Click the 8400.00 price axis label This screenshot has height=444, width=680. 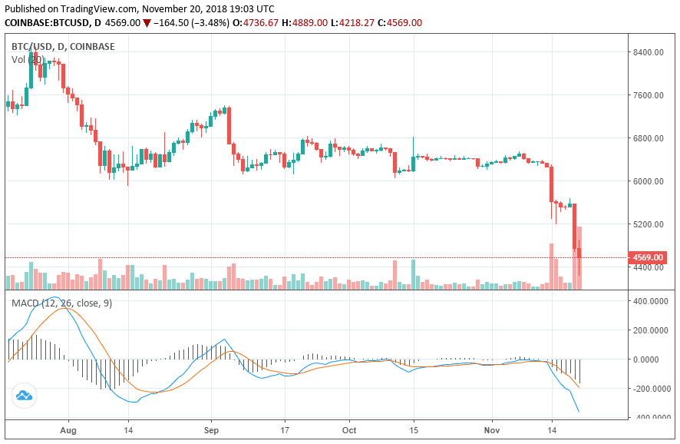tap(648, 52)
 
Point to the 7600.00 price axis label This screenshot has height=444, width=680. tap(648, 95)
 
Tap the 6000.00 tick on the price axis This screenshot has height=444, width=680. tap(648, 181)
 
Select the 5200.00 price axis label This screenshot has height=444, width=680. tap(648, 224)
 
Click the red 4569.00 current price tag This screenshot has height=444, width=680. tap(647, 257)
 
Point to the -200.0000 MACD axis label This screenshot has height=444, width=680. tap(649, 389)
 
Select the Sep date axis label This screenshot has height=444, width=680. tap(213, 431)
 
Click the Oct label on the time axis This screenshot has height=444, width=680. tap(349, 431)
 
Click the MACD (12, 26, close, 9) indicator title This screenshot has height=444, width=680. tap(61, 303)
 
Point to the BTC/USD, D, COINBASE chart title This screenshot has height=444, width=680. tap(63, 47)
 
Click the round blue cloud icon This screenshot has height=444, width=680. tap(24, 396)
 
